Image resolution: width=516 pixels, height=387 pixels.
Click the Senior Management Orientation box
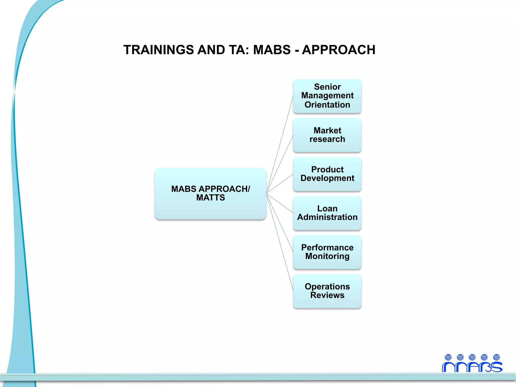[x=327, y=96]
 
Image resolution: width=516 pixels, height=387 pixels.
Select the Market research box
[x=327, y=135]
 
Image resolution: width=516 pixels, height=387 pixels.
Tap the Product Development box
[x=327, y=174]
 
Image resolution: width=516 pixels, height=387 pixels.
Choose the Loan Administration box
[x=327, y=213]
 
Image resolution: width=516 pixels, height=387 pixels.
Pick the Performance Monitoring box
[x=327, y=252]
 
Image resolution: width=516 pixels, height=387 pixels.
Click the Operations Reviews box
[x=327, y=291]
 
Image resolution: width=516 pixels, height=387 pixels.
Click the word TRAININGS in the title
[x=159, y=50]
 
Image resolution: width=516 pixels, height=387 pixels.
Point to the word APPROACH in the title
[x=339, y=50]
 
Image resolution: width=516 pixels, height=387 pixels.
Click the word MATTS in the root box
[x=210, y=198]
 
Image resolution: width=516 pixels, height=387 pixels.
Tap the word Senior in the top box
[x=327, y=87]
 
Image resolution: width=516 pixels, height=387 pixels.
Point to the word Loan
[x=327, y=209]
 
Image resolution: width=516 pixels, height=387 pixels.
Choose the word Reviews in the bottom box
[x=327, y=295]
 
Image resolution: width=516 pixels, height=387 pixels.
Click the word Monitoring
[x=327, y=256]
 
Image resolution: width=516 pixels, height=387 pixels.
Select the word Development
[x=327, y=178]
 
